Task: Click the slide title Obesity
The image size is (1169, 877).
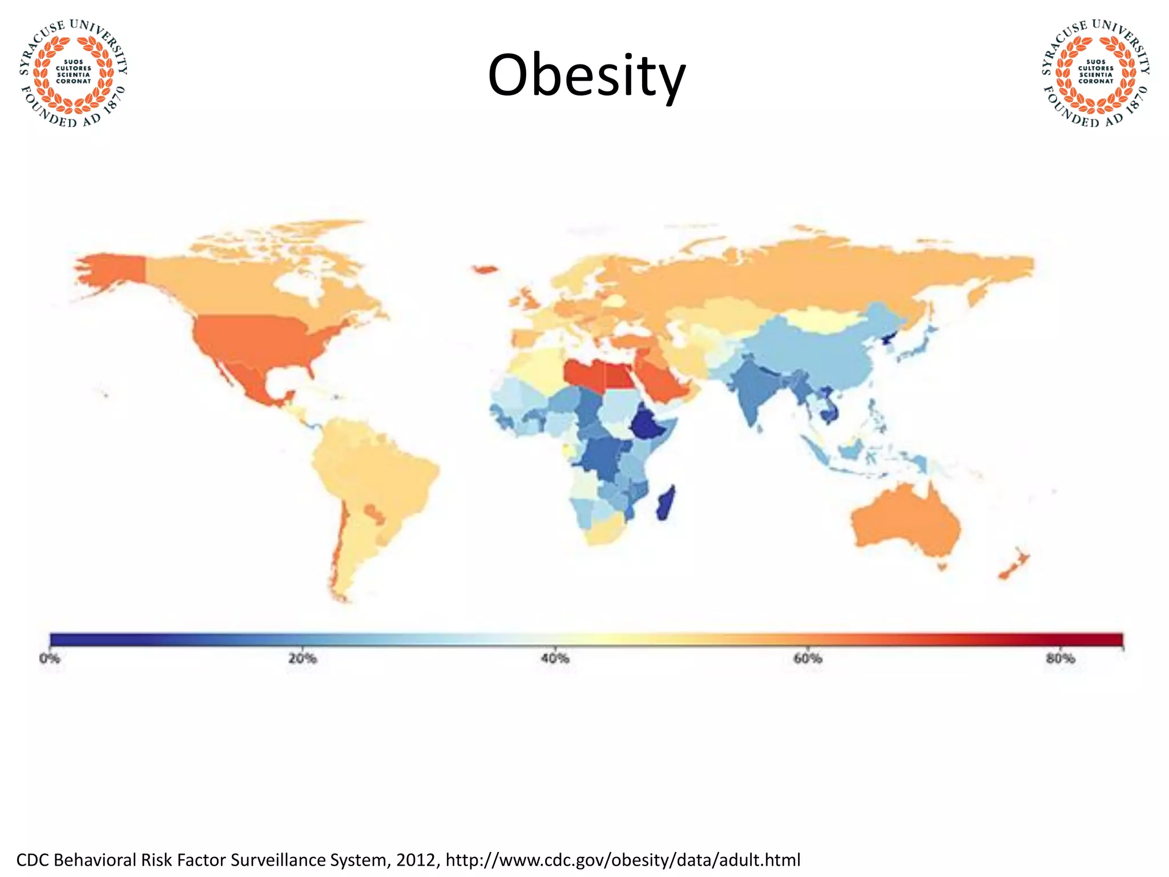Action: pos(586,76)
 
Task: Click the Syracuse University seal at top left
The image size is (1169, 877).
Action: pos(73,73)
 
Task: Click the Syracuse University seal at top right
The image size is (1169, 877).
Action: pos(1095,73)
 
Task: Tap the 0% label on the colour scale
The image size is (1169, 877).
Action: pos(50,658)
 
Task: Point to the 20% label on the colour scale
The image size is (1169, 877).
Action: pos(302,658)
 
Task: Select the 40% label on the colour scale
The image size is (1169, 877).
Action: pos(555,658)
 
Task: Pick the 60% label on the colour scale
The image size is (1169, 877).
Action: pos(808,658)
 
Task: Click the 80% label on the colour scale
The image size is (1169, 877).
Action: pos(1061,658)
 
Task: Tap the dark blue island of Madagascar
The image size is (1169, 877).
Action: pos(665,502)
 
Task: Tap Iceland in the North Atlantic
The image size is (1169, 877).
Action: pos(485,269)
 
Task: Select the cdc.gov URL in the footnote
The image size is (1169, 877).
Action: pos(623,859)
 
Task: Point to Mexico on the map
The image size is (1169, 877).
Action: pos(251,380)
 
